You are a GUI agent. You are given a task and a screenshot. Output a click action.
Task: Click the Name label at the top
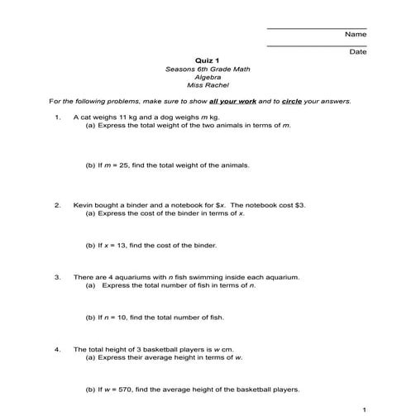355,35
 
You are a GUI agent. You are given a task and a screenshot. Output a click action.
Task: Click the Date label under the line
357,52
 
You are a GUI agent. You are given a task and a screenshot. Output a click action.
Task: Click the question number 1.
57,117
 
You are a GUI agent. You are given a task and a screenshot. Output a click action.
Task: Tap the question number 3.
57,277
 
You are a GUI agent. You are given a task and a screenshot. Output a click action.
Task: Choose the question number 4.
57,349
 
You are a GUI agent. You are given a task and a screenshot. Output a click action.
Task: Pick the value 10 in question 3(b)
123,318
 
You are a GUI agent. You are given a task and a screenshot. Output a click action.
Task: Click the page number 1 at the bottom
364,409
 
